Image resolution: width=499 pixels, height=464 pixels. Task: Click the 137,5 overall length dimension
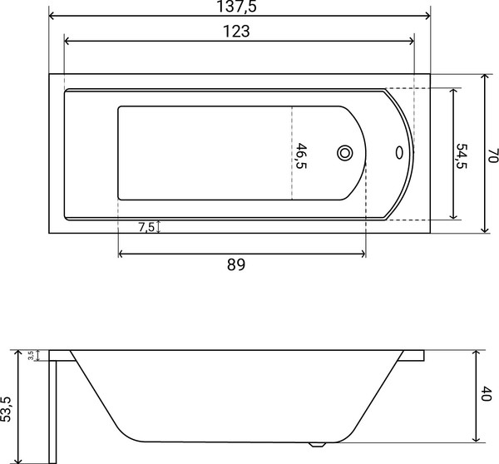point(239,7)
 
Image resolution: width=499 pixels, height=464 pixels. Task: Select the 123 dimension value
point(238,32)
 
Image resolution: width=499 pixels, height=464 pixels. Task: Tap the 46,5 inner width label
point(301,155)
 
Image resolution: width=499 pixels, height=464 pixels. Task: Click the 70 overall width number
point(492,155)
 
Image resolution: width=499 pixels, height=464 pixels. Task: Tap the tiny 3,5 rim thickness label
point(31,355)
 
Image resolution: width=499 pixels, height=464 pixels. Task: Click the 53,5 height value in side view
point(7,407)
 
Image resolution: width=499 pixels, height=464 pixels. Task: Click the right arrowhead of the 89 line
point(363,254)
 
